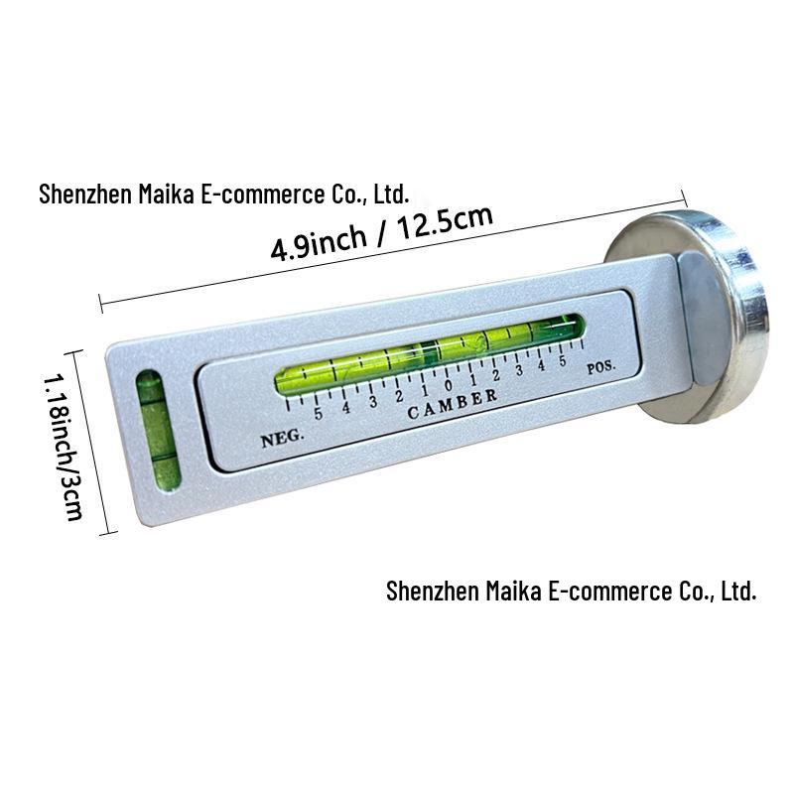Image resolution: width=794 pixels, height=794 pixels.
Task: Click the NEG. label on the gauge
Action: (283, 438)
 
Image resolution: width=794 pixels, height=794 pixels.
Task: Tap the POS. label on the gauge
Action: (601, 367)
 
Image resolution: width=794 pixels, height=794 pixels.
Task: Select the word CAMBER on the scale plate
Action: (453, 404)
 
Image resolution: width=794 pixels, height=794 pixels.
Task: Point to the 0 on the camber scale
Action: (449, 385)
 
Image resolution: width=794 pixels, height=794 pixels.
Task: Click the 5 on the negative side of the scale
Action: (318, 413)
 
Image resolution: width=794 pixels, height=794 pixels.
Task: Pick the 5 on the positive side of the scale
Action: (562, 361)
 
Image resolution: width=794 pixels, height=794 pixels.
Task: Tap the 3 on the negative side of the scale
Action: (373, 402)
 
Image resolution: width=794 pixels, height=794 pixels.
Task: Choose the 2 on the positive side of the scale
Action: (495, 375)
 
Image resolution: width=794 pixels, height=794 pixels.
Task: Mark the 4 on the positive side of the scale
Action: (541, 365)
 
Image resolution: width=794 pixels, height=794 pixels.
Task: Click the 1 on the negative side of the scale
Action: (425, 390)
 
